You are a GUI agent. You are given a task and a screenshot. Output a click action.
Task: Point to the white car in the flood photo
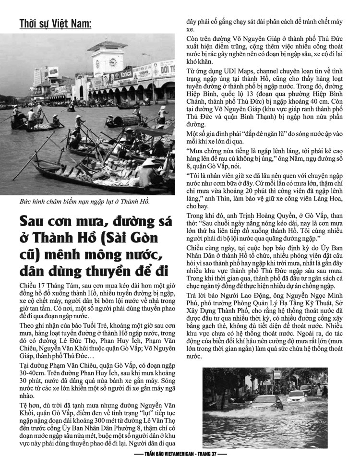pyautogui.click(x=295, y=396)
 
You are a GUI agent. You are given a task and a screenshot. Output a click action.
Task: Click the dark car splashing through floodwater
pyautogui.click(x=266, y=402)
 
